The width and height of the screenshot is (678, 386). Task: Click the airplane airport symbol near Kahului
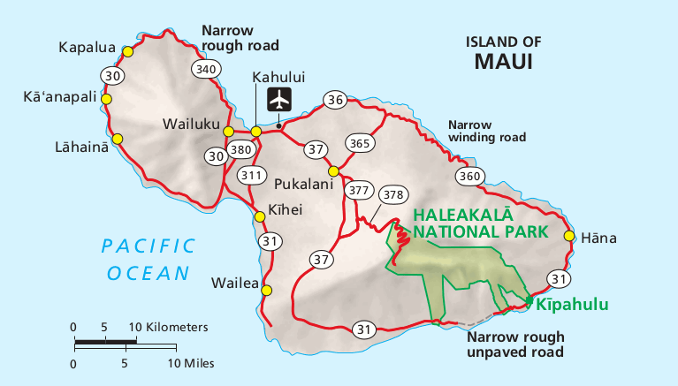pyautogui.click(x=280, y=99)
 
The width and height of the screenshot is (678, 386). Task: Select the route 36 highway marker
pyautogui.click(x=334, y=100)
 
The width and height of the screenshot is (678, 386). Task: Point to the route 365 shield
pyautogui.click(x=359, y=142)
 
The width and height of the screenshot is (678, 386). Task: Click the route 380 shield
pyautogui.click(x=241, y=150)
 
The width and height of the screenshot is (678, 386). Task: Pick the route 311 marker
pyautogui.click(x=252, y=175)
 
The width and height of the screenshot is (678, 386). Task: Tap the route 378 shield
pyautogui.click(x=392, y=194)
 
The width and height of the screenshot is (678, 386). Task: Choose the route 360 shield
pyautogui.click(x=470, y=177)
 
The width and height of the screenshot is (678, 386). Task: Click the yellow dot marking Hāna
pyautogui.click(x=568, y=237)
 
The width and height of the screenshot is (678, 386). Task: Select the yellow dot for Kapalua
pyautogui.click(x=127, y=52)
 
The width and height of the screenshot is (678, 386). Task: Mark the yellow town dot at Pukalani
pyautogui.click(x=333, y=171)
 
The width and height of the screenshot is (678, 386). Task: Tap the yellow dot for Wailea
pyautogui.click(x=267, y=291)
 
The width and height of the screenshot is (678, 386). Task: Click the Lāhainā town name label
pyautogui.click(x=73, y=147)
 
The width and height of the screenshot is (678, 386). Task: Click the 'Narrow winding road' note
pyautogui.click(x=487, y=131)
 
